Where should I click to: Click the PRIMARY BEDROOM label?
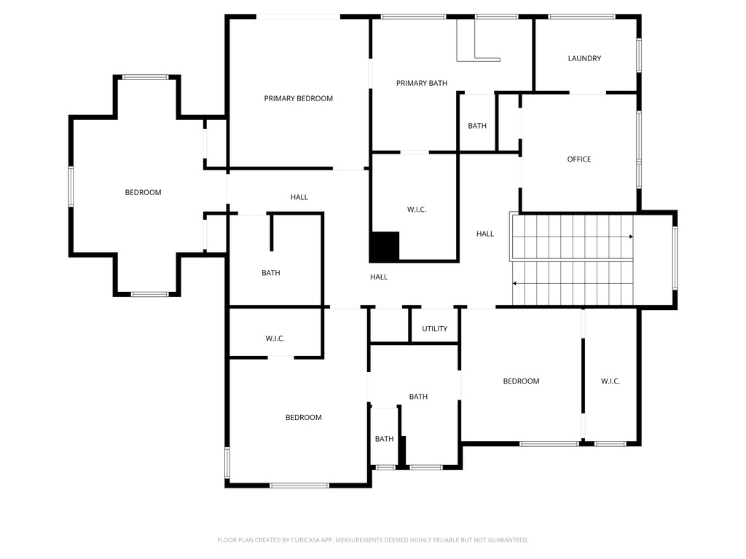(298, 98)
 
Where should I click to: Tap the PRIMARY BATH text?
(421, 83)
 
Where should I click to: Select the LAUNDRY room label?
(584, 58)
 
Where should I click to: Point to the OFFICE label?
(579, 159)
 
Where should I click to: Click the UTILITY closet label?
(434, 329)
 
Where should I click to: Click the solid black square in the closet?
(385, 247)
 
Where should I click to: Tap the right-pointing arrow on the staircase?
(630, 237)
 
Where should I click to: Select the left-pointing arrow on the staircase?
(515, 283)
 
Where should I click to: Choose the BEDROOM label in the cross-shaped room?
(143, 192)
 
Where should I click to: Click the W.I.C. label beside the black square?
(416, 210)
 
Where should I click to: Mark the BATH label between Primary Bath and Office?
(477, 126)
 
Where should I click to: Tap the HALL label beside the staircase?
(485, 234)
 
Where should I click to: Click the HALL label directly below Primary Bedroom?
(299, 197)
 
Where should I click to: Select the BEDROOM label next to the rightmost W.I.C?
(521, 381)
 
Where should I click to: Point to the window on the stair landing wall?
(675, 259)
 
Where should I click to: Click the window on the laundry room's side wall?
(639, 55)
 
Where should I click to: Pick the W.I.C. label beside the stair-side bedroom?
(610, 381)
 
